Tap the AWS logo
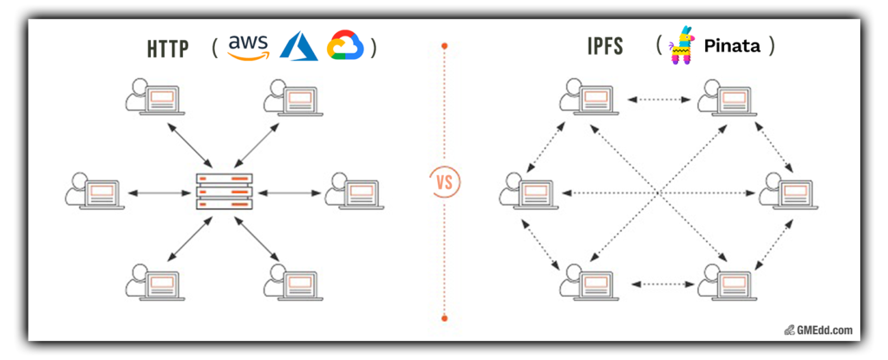point(249,47)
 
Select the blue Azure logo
point(297,46)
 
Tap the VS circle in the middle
point(444,183)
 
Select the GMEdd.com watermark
point(820,330)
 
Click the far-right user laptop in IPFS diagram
point(787,191)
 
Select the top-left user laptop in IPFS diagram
point(587,95)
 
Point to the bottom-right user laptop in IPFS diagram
point(726,281)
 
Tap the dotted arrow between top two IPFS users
point(656,100)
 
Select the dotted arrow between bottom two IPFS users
point(656,284)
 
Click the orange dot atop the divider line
point(444,45)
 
